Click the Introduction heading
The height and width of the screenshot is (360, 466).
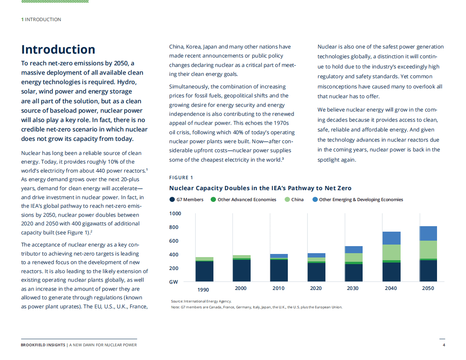[58, 50]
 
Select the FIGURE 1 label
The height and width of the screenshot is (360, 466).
[181, 178]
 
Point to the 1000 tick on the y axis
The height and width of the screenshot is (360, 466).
[175, 214]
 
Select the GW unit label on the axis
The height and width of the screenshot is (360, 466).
[173, 282]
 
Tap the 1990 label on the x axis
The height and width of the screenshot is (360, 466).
[203, 290]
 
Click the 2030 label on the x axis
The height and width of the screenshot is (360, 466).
[353, 288]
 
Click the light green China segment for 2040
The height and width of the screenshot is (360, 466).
[391, 252]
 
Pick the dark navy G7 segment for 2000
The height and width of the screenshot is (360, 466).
[242, 270]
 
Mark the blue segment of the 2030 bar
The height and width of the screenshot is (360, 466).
[353, 250]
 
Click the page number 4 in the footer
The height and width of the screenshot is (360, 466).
[444, 345]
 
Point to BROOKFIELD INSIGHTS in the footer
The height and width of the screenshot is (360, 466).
[43, 345]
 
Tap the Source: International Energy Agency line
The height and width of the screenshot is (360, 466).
[201, 301]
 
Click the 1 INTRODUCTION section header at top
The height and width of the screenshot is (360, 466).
[41, 20]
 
